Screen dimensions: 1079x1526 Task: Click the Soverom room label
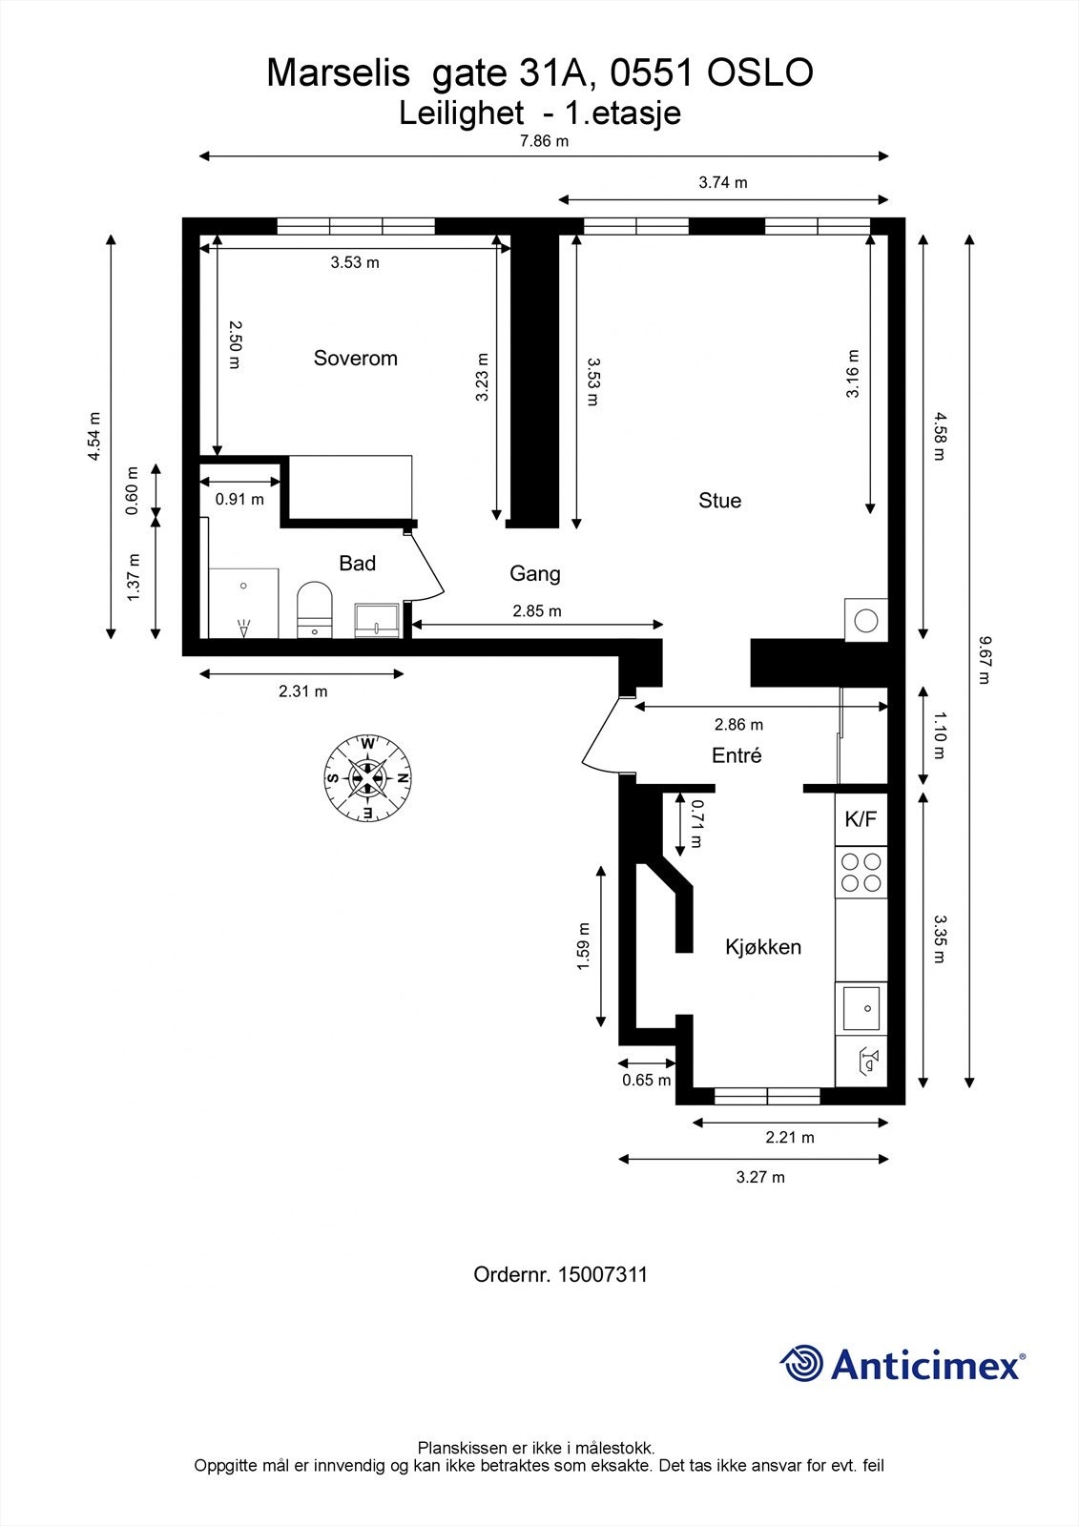[355, 359]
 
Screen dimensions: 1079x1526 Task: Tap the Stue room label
[719, 501]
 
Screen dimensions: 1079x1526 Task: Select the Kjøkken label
[762, 947]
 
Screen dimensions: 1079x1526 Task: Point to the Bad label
[357, 564]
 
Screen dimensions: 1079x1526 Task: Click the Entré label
[737, 755]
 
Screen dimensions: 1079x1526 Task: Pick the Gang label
[535, 574]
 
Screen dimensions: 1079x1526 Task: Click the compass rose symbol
[367, 778]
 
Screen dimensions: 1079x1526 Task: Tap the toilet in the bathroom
[314, 609]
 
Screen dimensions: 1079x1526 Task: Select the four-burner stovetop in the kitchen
[861, 873]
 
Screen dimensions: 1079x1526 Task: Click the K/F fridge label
[861, 819]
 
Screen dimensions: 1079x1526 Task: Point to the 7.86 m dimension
[544, 141]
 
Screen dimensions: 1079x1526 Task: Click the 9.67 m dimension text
[983, 660]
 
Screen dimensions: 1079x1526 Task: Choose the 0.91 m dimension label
[239, 500]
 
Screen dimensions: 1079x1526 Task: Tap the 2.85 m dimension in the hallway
[537, 611]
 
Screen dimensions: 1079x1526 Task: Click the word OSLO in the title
[760, 72]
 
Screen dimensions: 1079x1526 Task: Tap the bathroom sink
[377, 621]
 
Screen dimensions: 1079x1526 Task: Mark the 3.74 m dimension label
[722, 182]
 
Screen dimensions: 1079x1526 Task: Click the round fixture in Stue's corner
[865, 621]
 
